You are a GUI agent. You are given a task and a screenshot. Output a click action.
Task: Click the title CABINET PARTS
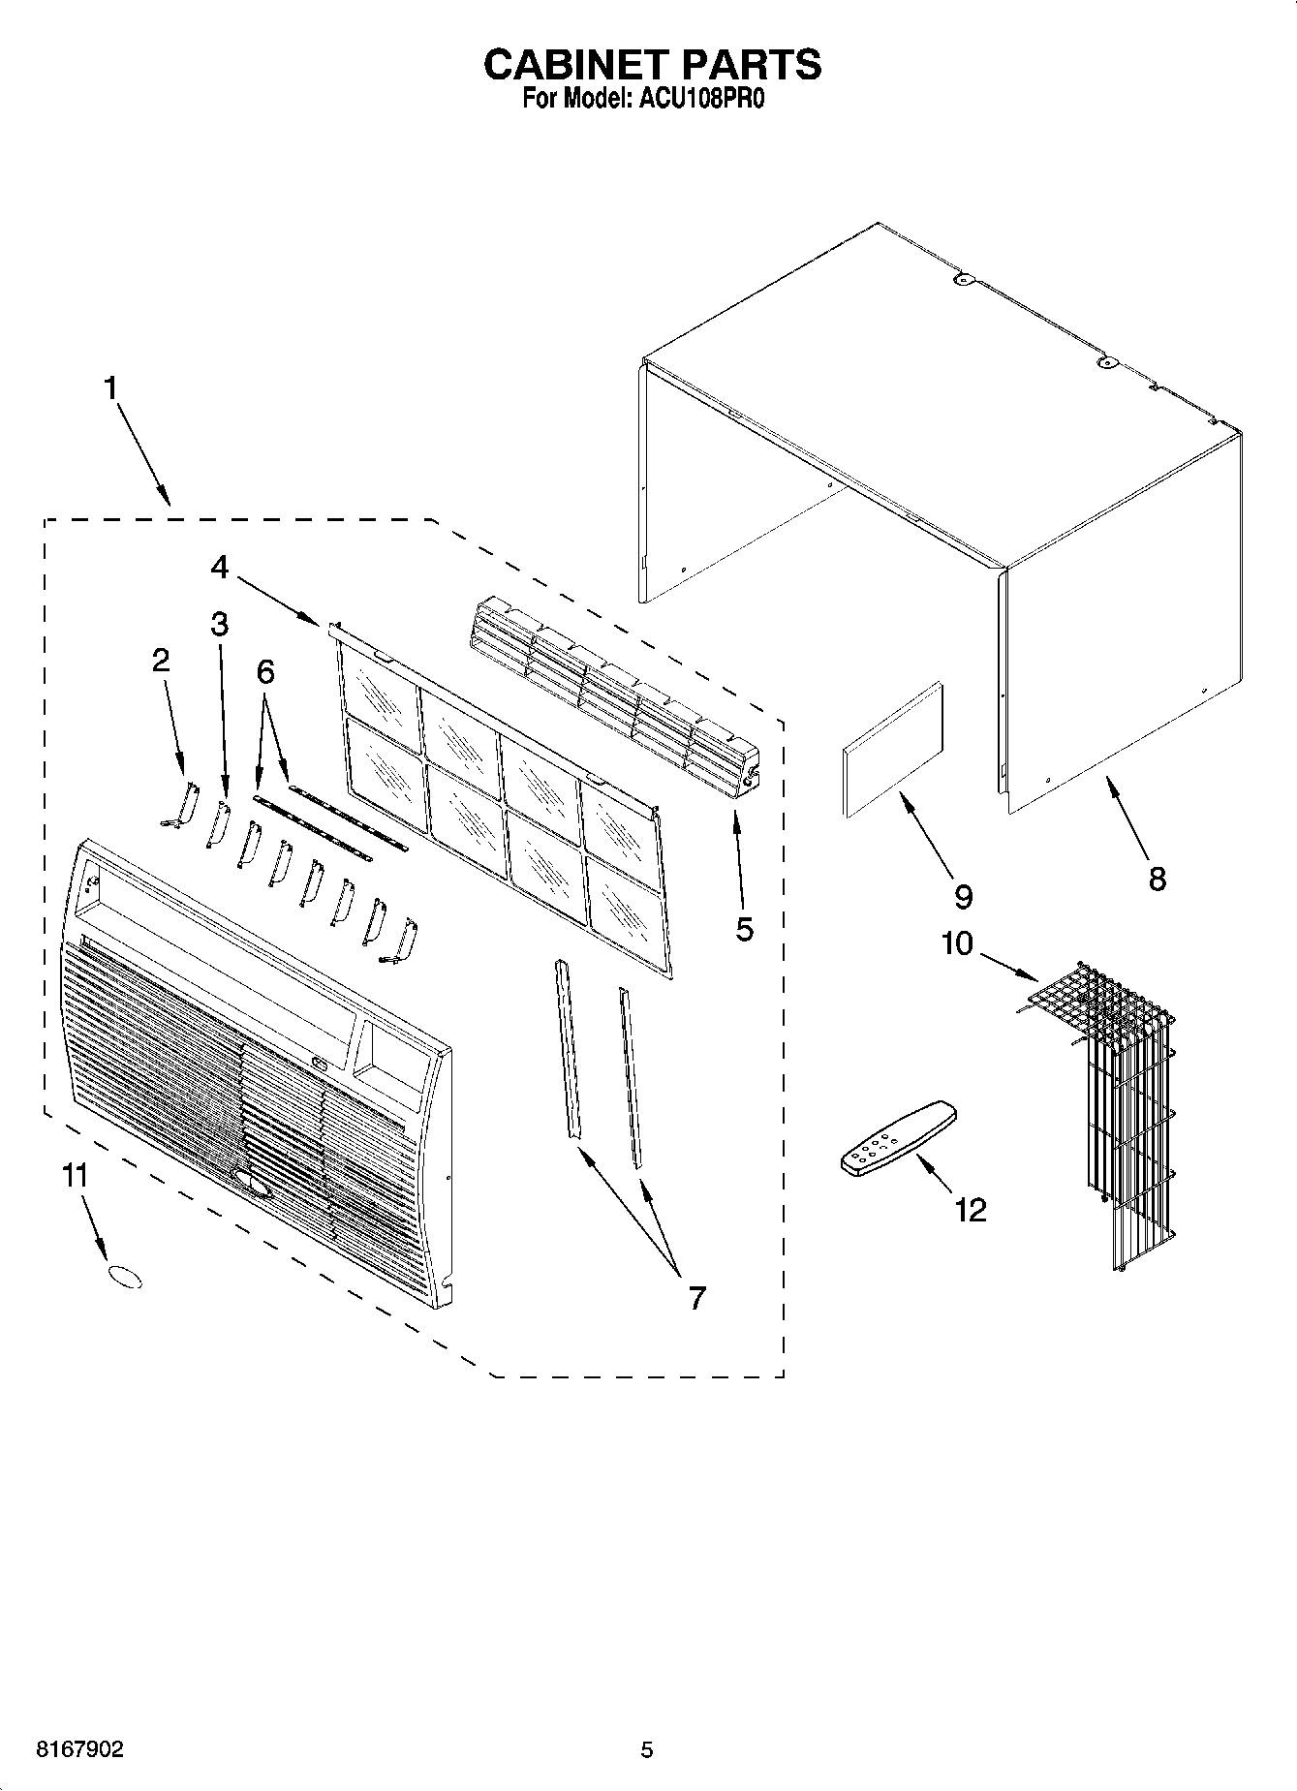[652, 64]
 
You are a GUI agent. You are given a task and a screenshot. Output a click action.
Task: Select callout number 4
[220, 567]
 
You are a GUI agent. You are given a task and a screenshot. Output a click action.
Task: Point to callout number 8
[1157, 879]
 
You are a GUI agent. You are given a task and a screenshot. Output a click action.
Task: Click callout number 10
[957, 942]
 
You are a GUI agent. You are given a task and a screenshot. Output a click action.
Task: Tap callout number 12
[970, 1209]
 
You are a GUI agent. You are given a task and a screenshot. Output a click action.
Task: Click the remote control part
[897, 1138]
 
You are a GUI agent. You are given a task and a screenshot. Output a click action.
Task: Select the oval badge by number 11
[123, 1277]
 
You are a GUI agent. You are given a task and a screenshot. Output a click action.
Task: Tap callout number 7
[697, 1297]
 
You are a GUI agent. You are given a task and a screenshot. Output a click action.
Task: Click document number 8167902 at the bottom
[79, 1749]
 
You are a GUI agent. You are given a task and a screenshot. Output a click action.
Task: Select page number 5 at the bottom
[647, 1749]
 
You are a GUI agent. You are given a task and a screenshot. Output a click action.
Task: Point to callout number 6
[264, 671]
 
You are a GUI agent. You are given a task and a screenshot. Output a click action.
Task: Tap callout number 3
[220, 625]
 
